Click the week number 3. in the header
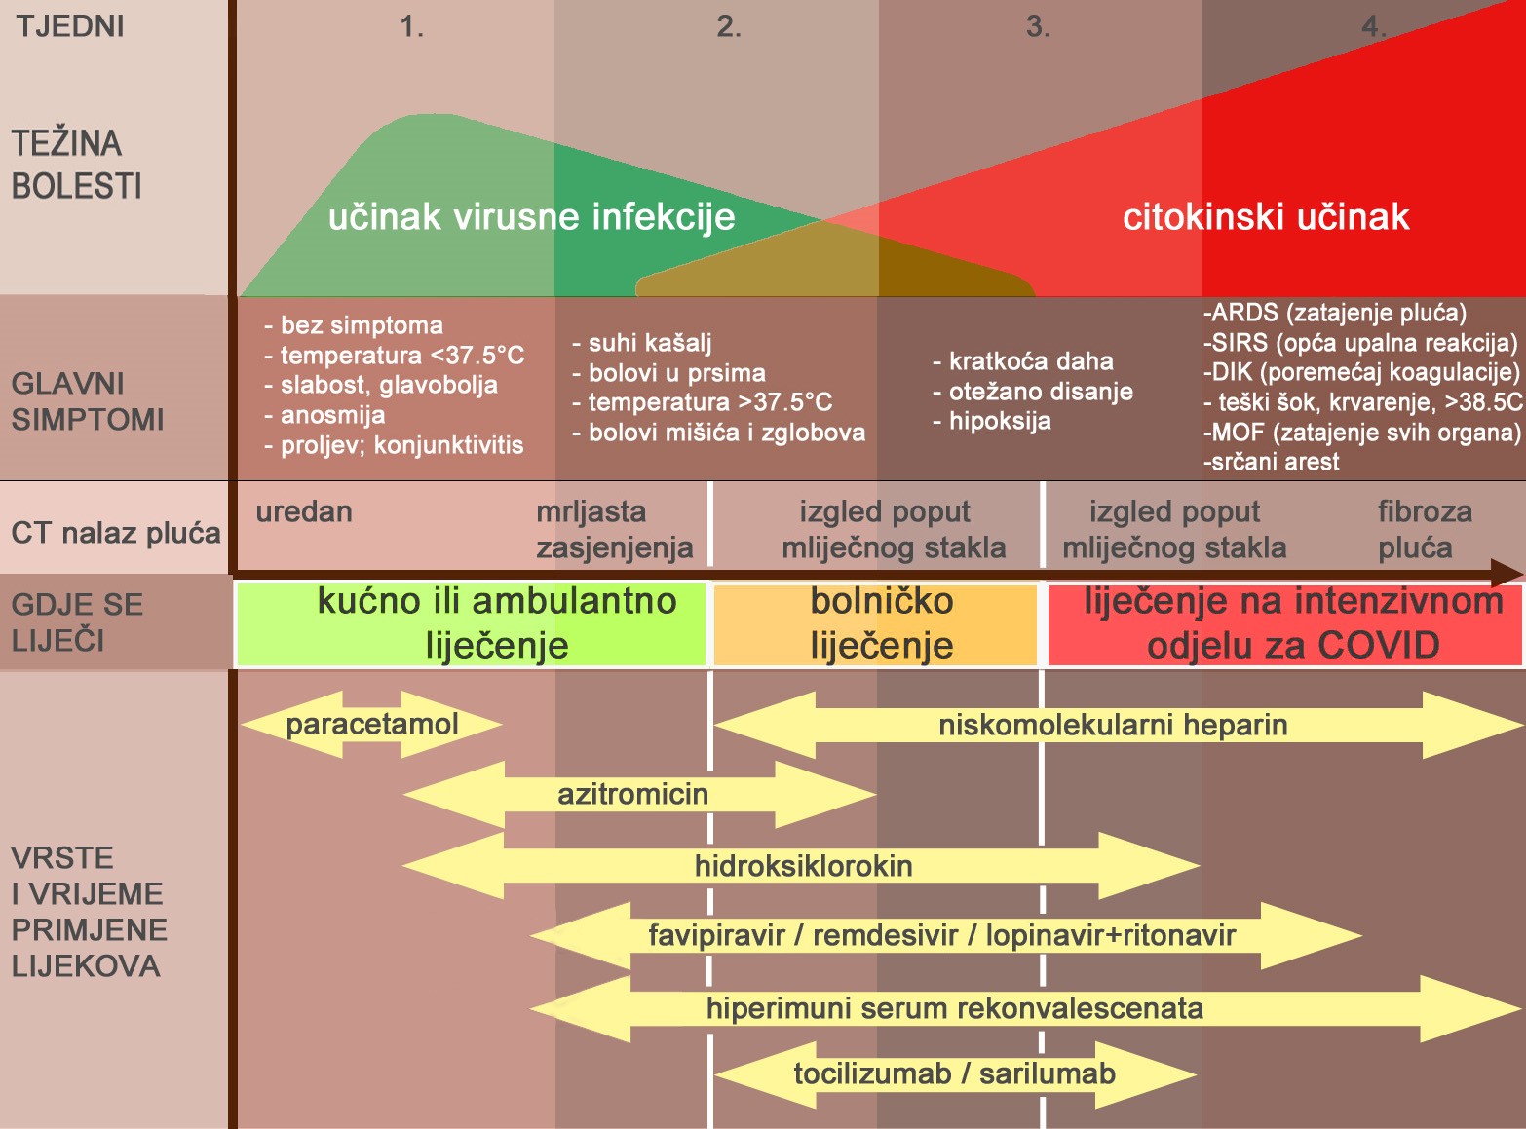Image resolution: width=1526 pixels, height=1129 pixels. tap(1038, 27)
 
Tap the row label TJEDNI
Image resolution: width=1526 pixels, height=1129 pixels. tap(70, 27)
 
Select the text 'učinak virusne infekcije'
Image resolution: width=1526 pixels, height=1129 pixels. tap(531, 216)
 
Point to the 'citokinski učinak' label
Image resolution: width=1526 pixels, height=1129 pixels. tap(1266, 216)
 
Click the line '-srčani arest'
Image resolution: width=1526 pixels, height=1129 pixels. tap(1272, 462)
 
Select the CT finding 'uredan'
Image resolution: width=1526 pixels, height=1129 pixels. tap(304, 511)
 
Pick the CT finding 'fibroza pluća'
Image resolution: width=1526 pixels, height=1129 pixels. tap(1425, 530)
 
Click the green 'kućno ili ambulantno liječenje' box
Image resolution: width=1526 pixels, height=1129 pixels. tap(472, 624)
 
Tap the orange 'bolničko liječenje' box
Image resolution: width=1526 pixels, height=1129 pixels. tap(875, 624)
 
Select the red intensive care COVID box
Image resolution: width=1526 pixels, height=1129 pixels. tap(1284, 624)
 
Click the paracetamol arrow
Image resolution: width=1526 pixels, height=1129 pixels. tap(371, 725)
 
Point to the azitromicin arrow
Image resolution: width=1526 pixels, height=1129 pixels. tap(639, 795)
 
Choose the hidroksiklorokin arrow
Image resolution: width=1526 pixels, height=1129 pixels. tap(802, 865)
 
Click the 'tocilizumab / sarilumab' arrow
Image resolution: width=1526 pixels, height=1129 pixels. tap(956, 1073)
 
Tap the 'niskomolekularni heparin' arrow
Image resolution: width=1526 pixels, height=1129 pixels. tap(1118, 725)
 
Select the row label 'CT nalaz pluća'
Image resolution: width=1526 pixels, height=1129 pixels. tap(116, 533)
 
